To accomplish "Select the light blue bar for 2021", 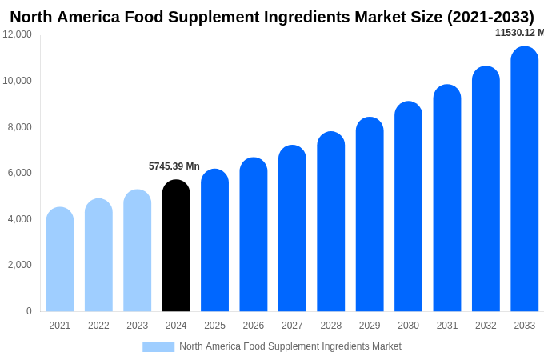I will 60,259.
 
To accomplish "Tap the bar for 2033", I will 524,179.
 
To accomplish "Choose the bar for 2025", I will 214,240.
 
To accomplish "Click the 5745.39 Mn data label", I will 174,166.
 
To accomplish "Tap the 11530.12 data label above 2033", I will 518,33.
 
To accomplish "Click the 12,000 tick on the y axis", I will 17,34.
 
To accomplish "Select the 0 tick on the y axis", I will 29,311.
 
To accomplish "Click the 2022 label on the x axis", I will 98,326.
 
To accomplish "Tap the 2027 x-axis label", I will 292,326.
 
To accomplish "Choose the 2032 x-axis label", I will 486,326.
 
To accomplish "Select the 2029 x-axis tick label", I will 370,326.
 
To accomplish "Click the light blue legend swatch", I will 158,346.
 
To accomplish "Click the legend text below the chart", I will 290,346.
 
